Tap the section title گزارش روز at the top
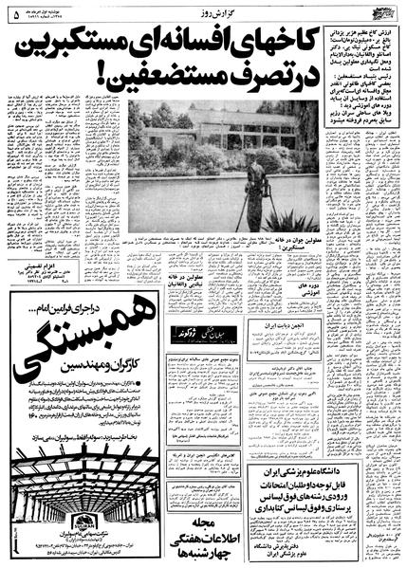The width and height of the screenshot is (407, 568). pyautogui.click(x=204, y=8)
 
